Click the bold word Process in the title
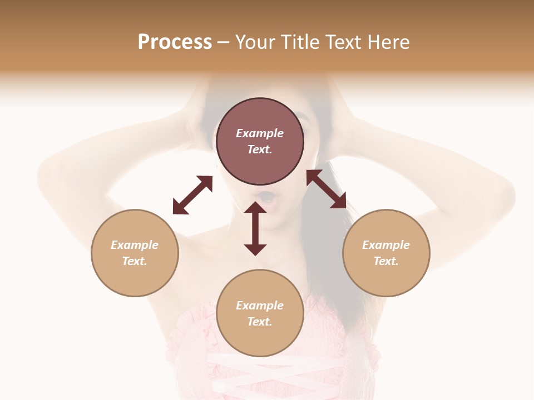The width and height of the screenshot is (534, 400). [175, 42]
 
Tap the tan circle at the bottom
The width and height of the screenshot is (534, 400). [260, 339]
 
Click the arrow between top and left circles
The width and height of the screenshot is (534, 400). [192, 195]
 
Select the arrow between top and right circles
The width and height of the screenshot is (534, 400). [326, 189]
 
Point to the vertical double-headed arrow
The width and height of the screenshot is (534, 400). [255, 229]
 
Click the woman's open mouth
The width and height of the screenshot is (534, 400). [267, 197]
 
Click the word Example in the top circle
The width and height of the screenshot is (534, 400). [260, 133]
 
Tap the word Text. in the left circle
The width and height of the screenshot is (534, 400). [135, 261]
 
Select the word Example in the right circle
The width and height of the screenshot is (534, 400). [386, 245]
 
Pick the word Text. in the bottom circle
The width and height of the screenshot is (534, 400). [260, 322]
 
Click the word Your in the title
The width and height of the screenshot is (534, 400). [255, 42]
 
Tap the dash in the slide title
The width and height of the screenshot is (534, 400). [223, 42]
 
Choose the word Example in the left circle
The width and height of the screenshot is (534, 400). [135, 245]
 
